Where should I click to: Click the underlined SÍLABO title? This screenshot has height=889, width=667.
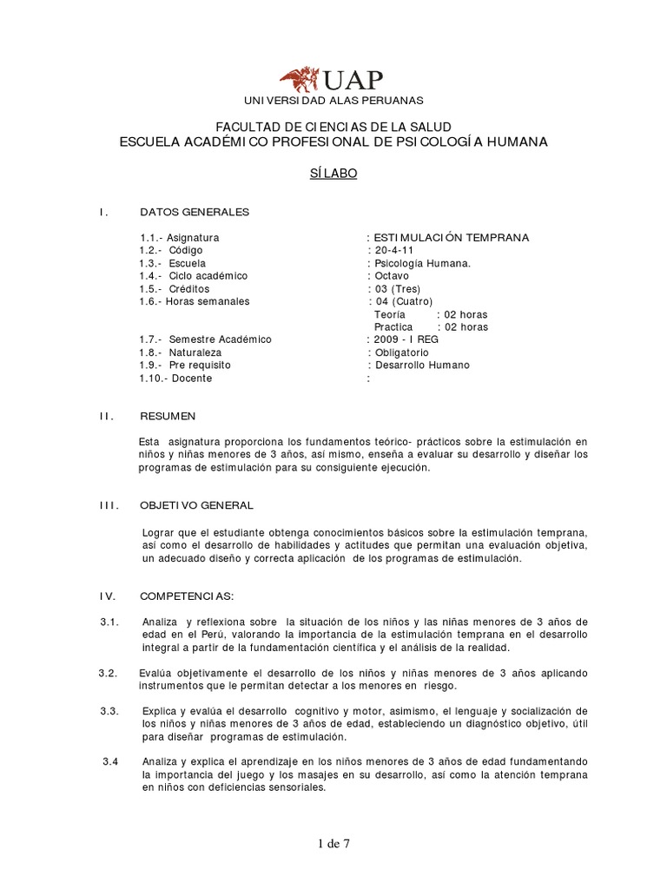[333, 173]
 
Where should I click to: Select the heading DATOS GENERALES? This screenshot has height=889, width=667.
[195, 212]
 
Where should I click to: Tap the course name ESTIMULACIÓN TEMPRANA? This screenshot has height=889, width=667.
[451, 237]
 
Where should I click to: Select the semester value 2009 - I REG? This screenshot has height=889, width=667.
[406, 339]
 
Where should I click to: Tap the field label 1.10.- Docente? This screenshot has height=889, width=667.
[175, 379]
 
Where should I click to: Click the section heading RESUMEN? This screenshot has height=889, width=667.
[168, 417]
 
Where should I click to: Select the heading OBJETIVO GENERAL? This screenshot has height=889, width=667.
[197, 505]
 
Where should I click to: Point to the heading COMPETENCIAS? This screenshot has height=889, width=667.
[187, 596]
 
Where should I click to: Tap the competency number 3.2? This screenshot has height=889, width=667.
[108, 673]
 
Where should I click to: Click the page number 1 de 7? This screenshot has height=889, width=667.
[333, 842]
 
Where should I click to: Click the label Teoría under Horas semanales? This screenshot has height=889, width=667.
[389, 314]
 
